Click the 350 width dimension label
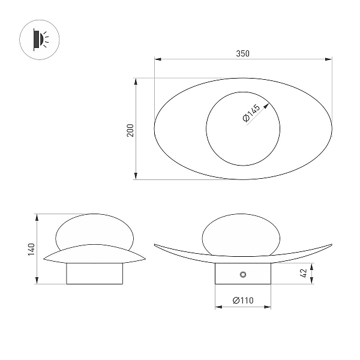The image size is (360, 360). click(x=242, y=53)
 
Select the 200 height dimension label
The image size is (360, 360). click(x=130, y=130)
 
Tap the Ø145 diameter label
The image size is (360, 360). click(x=251, y=113)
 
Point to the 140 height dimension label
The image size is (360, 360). click(x=31, y=250)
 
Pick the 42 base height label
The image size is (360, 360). click(x=304, y=273)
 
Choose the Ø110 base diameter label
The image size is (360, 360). click(x=243, y=301)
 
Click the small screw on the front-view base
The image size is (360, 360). click(x=243, y=274)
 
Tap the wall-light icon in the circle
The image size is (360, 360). click(x=41, y=40)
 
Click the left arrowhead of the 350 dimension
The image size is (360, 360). click(x=158, y=59)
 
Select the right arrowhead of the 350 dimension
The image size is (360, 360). click(x=329, y=59)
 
